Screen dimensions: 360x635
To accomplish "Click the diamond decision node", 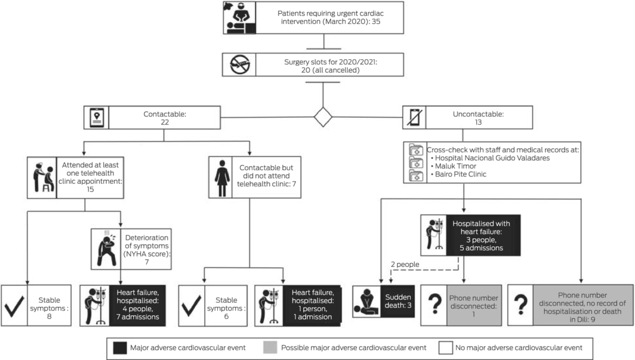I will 323,116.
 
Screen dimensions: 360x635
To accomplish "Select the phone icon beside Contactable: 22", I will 95,118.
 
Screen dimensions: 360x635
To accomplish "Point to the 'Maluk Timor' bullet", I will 454,167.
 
